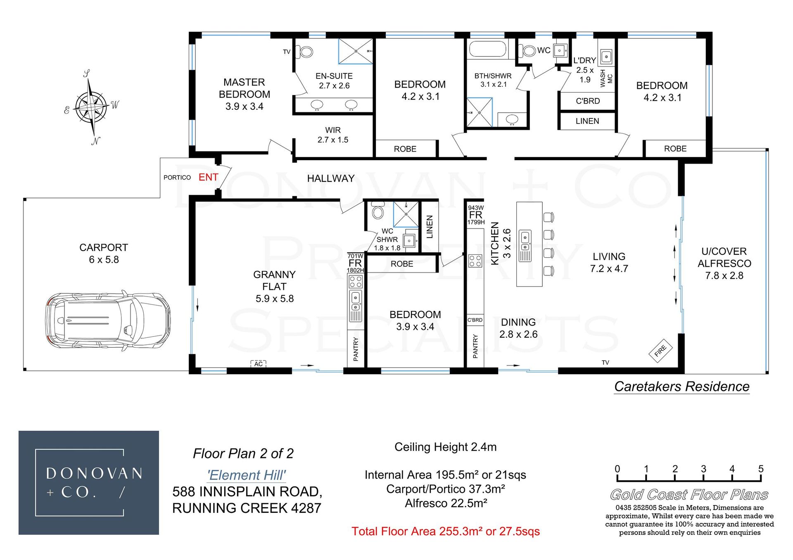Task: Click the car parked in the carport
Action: [107, 320]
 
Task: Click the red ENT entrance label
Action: [208, 177]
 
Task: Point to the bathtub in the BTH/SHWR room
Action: [487, 50]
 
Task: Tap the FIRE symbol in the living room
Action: [660, 351]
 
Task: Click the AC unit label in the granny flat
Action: [259, 364]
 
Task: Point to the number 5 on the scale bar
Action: [761, 469]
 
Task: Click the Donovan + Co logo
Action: [89, 483]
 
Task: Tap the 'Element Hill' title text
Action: [247, 475]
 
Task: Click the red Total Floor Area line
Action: [446, 532]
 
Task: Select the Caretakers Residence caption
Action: [681, 387]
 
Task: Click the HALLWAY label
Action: [331, 178]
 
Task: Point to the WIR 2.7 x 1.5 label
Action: [333, 135]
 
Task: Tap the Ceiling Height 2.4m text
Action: [446, 447]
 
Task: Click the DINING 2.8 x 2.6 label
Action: [518, 328]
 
